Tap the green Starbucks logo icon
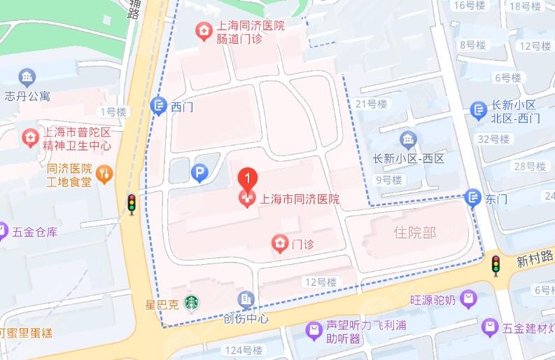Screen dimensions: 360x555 click(190, 303)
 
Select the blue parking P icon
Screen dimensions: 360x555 click(199, 173)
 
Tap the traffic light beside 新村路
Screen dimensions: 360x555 click(496, 265)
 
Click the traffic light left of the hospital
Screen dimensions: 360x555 click(131, 203)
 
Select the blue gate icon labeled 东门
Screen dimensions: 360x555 click(474, 198)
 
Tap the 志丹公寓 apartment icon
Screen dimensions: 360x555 click(27, 77)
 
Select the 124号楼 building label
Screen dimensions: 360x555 click(244, 349)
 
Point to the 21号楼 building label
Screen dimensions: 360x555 click(371, 104)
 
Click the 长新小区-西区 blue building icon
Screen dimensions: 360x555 click(408, 139)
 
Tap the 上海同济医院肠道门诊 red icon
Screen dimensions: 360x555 click(203, 31)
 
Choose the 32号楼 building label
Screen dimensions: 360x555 click(492, 139)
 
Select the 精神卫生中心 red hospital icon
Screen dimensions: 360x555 click(29, 136)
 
